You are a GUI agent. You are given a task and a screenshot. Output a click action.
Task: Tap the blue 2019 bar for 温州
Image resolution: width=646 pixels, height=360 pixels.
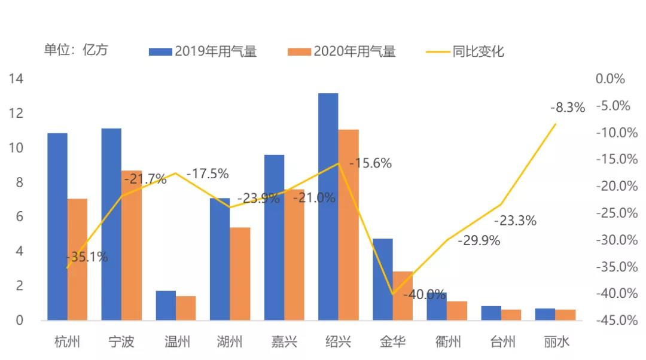[166, 305]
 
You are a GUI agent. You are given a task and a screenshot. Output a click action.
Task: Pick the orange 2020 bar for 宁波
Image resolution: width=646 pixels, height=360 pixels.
[132, 245]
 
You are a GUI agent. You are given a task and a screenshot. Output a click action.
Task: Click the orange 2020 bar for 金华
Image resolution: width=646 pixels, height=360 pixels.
[403, 295]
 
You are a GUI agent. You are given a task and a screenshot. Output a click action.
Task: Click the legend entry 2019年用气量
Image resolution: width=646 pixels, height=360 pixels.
[203, 51]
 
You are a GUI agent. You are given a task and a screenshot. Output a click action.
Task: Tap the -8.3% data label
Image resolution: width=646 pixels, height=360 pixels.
[567, 108]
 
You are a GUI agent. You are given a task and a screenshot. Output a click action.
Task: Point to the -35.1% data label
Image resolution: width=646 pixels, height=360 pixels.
[87, 257]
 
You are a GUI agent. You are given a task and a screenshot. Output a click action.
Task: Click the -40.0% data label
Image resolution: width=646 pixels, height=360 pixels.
[424, 294]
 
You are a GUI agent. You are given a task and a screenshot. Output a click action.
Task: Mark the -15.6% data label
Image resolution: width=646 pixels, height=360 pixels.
[370, 163]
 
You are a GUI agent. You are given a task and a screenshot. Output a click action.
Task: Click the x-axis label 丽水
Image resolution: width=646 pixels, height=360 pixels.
[557, 342]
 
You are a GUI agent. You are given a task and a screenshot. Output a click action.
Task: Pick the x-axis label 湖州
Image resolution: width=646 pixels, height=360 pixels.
[230, 342]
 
